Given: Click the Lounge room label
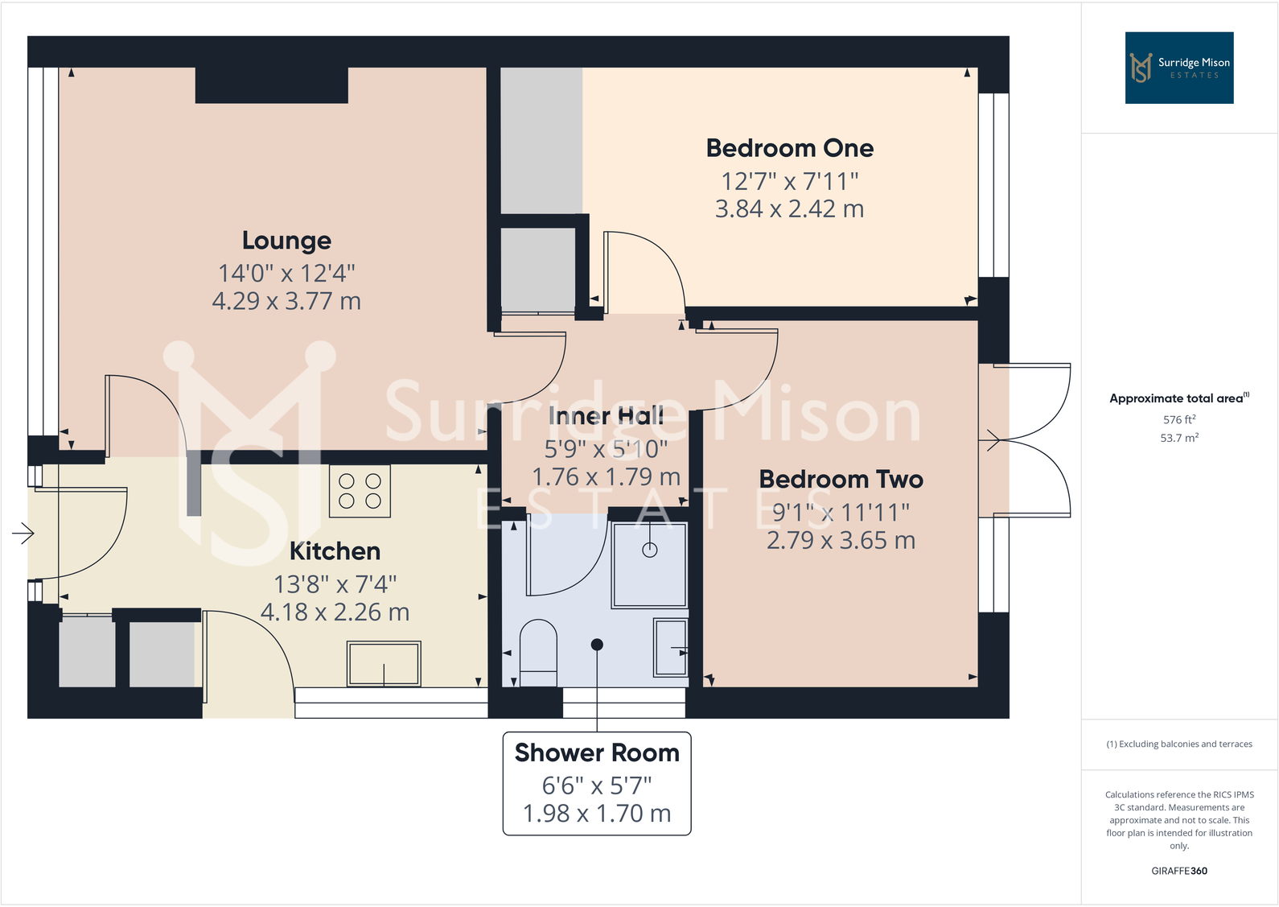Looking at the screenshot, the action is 286,241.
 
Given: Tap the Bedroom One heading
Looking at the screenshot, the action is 790,149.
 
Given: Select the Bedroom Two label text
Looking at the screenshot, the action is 841,479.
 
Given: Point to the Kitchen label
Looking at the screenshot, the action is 335,551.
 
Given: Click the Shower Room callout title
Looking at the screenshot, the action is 597,752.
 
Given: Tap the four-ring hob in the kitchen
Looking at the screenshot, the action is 360,491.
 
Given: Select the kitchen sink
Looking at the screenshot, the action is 384,663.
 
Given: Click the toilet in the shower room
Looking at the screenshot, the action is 538,652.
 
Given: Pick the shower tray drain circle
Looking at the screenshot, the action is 650,550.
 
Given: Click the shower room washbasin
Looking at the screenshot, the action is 670,648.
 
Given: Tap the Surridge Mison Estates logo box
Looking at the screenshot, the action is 1179,68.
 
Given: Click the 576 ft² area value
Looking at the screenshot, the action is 1179,420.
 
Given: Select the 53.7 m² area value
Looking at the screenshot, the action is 1179,438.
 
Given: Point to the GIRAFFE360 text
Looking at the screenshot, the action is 1179,871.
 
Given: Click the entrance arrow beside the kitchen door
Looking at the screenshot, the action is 23,534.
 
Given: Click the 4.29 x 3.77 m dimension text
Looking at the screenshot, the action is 286,301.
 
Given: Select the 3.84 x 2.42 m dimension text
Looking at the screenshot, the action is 790,209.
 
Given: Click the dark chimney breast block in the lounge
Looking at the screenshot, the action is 272,85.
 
